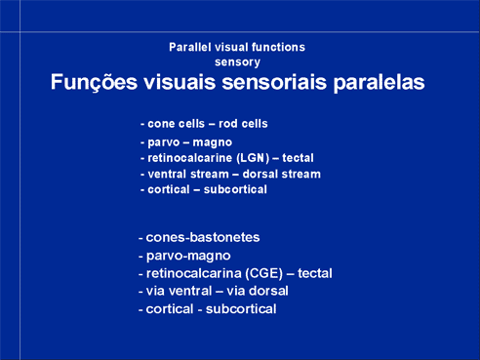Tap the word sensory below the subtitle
[x=237, y=62]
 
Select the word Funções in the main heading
[x=94, y=82]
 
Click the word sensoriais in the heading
[x=274, y=82]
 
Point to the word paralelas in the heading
[x=379, y=82]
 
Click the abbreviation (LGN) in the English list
[x=253, y=158]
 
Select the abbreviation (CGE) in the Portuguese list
[x=263, y=273]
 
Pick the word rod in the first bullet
[x=227, y=124]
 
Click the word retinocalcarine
[x=189, y=158]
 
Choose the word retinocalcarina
[x=193, y=273]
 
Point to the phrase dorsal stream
[x=282, y=174]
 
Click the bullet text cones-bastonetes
[x=203, y=237]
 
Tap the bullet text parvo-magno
[x=188, y=256]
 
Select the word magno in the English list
[x=213, y=142]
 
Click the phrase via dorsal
[x=258, y=291]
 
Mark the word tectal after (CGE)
[x=315, y=273]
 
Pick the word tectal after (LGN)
[x=298, y=158]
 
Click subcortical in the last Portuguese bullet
[x=241, y=309]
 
